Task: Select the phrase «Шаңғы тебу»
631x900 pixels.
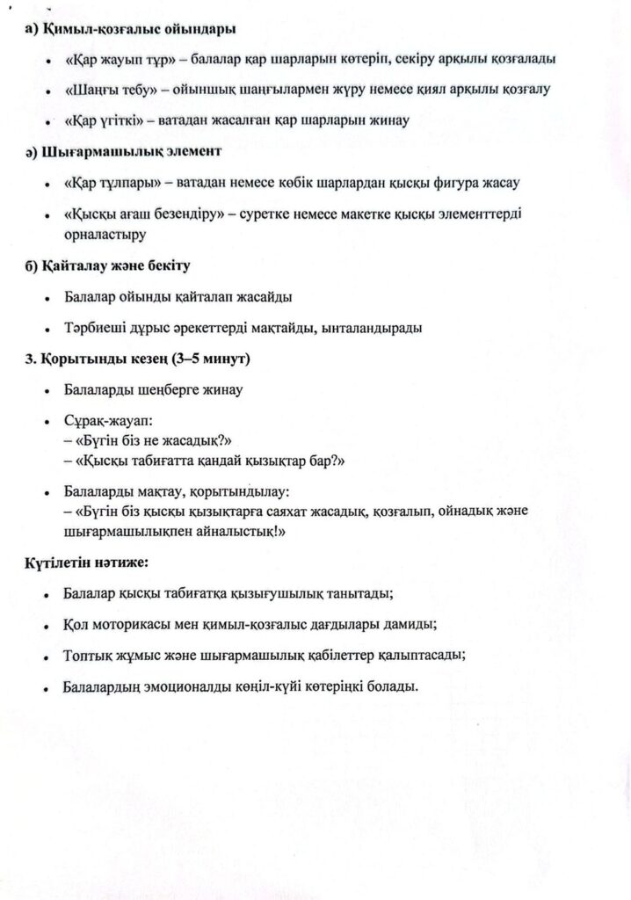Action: (110, 90)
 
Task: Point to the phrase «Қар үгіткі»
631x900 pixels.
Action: (105, 120)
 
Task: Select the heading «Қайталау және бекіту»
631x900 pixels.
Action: (115, 265)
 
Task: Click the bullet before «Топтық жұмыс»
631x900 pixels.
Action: (47, 657)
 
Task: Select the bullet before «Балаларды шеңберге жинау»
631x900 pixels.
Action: (47, 390)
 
